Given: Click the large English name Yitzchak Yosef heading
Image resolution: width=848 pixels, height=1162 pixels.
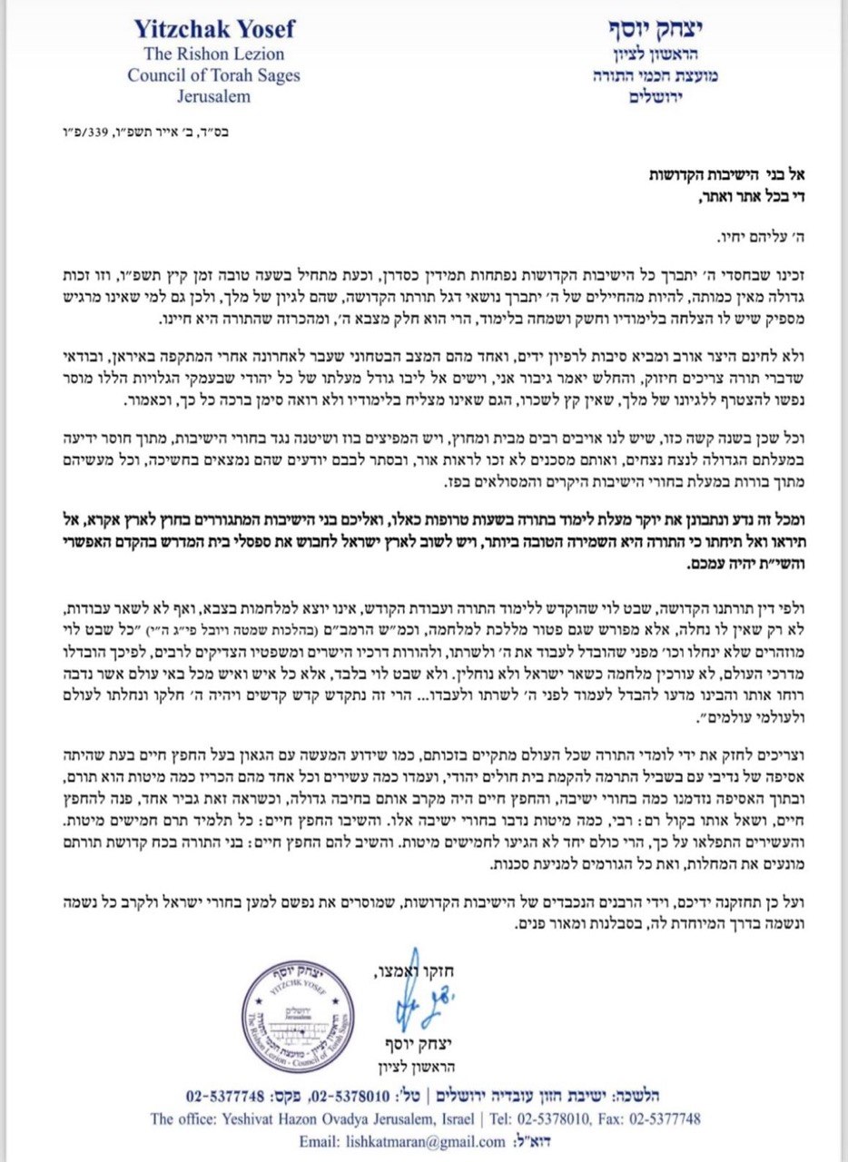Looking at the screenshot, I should click(215, 29).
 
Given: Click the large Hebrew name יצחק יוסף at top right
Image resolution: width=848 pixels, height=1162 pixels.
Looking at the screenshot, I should click(641, 31).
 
